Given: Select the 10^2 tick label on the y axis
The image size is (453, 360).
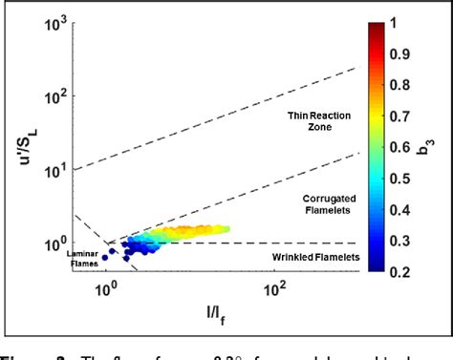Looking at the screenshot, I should [55, 96].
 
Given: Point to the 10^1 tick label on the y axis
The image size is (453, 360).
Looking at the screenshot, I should [55, 171].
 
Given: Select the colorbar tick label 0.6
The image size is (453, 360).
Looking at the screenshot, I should [414, 146].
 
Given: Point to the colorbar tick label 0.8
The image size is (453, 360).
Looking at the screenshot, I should [414, 84].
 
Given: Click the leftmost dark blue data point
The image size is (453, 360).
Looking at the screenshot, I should [105, 257].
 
